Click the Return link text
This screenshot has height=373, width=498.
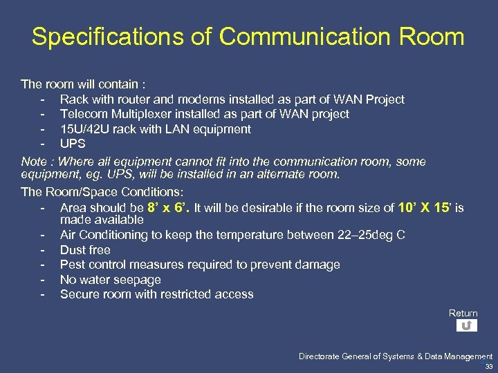[463, 314]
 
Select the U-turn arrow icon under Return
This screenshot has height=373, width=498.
[467, 325]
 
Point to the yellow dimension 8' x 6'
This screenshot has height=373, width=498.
[167, 207]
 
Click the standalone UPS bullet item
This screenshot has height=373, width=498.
[73, 144]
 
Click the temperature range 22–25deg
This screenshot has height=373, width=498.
[355, 235]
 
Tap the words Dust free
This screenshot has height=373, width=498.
[85, 250]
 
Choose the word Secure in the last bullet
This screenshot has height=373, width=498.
[79, 294]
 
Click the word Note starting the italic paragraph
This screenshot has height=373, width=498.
[34, 162]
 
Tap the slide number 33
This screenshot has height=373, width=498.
[489, 367]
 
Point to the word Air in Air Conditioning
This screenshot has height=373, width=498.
[68, 235]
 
